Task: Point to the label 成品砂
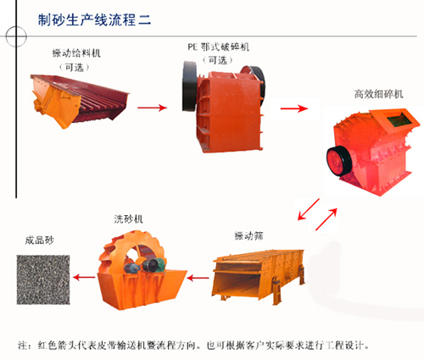tap(39, 240)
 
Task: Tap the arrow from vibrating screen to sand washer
tap(198, 274)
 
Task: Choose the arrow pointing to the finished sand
tap(81, 274)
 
